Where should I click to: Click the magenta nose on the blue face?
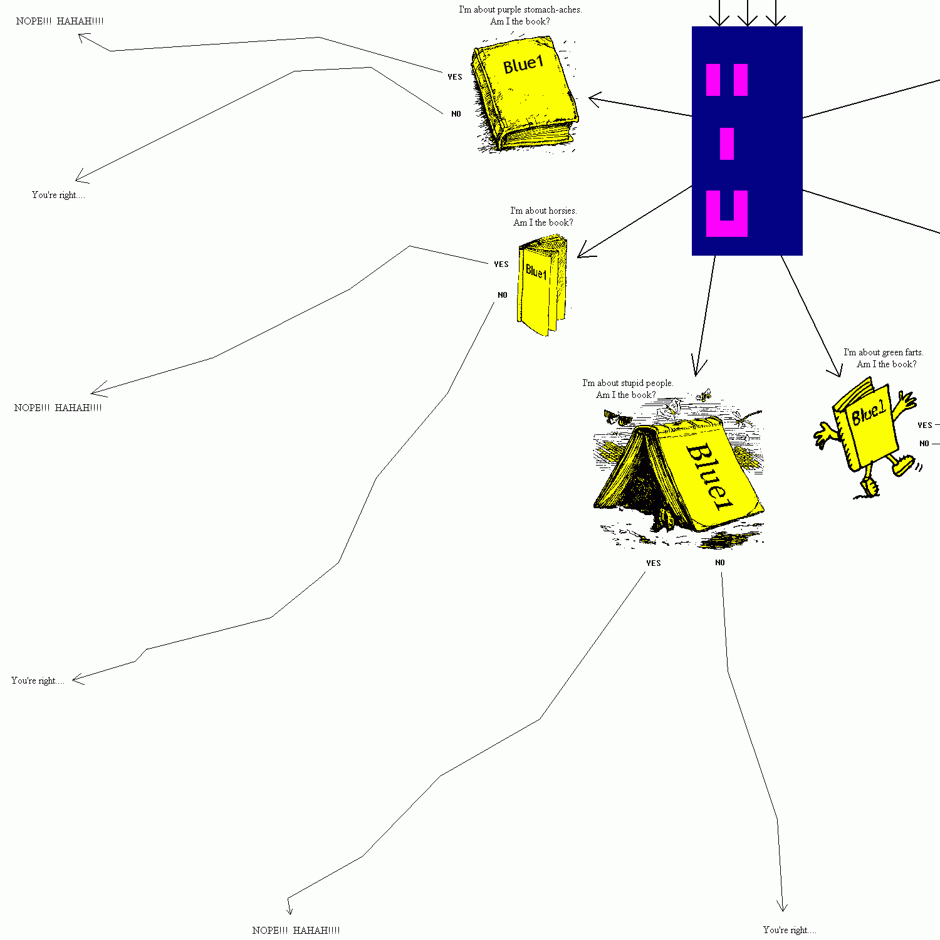(727, 144)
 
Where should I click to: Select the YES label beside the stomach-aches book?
(455, 77)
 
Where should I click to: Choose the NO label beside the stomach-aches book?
(456, 114)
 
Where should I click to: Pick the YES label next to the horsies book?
(501, 264)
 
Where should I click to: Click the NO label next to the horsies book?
(503, 295)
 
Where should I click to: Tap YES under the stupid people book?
(654, 563)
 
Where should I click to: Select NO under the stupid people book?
(720, 563)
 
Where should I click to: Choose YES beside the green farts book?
(925, 426)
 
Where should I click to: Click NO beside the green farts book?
(924, 444)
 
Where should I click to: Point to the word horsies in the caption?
(562, 211)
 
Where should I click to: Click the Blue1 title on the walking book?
(869, 414)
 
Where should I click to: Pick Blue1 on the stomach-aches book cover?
(523, 64)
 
